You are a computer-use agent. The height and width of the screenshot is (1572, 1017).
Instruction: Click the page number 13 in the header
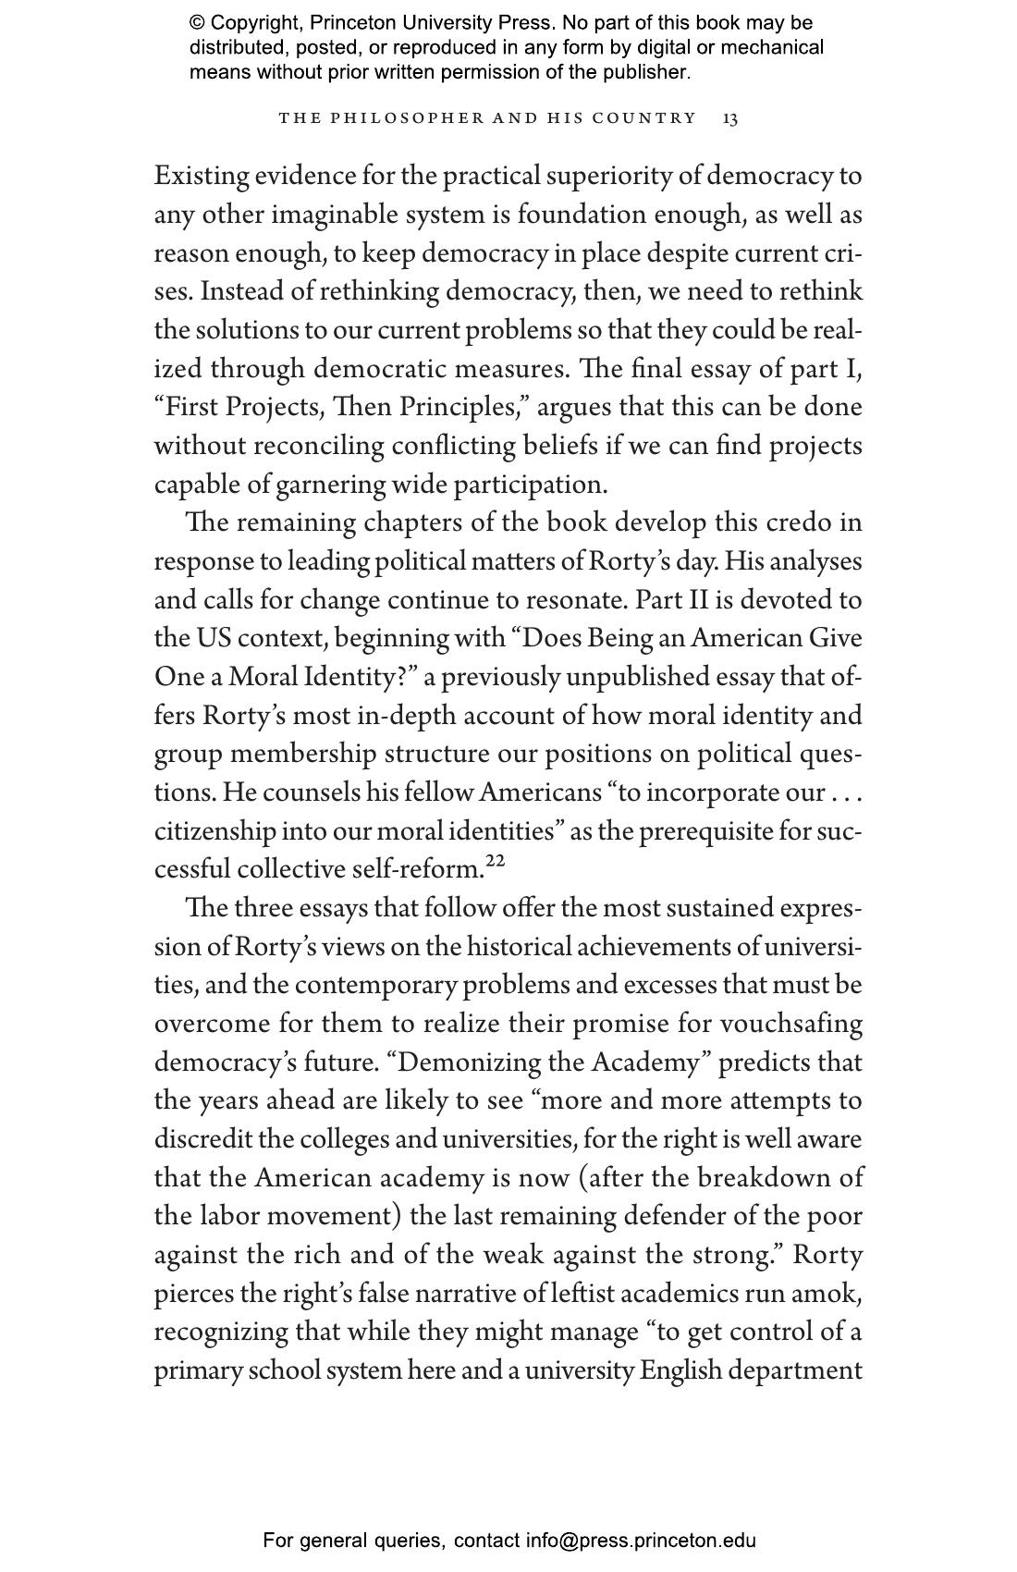(730, 118)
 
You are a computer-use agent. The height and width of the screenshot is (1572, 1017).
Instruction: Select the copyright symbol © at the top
(197, 23)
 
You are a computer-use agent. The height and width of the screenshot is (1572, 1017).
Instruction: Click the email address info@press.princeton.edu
(641, 1541)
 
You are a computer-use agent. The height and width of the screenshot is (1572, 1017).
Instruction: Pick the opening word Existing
(201, 176)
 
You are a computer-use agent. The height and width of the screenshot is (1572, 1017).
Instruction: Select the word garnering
(330, 485)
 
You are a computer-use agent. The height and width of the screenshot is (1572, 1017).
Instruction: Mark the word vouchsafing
(791, 1024)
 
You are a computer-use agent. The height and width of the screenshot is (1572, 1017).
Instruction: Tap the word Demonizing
(470, 1062)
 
